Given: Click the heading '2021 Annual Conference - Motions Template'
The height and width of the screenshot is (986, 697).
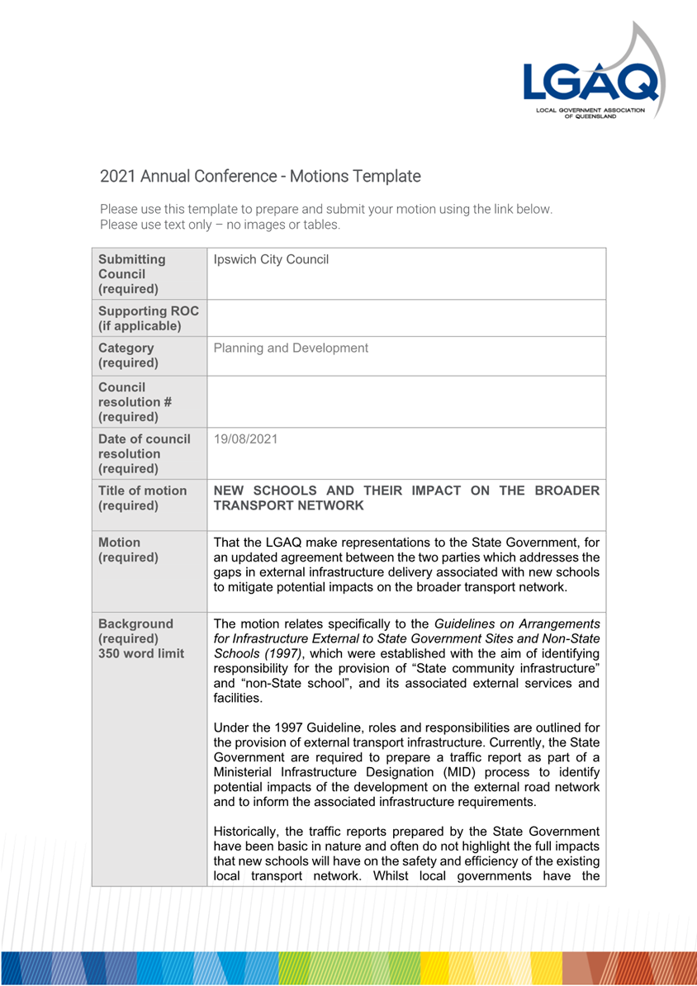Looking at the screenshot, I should (x=260, y=176).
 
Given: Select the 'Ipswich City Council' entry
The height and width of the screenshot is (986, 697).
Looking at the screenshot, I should (x=271, y=260).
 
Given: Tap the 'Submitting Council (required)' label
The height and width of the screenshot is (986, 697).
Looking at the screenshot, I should (x=132, y=274).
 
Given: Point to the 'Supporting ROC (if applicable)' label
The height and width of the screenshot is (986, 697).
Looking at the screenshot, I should (x=140, y=317).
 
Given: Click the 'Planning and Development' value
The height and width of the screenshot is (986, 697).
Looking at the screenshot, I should (x=291, y=348).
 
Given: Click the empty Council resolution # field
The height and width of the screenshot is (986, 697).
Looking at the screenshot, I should (x=406, y=401).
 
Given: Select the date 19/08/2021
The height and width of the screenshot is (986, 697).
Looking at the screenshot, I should (x=245, y=439).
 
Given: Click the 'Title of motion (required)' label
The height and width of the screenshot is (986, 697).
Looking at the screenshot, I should (x=142, y=497).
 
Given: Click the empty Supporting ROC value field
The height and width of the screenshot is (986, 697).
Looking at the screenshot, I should (x=406, y=318).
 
